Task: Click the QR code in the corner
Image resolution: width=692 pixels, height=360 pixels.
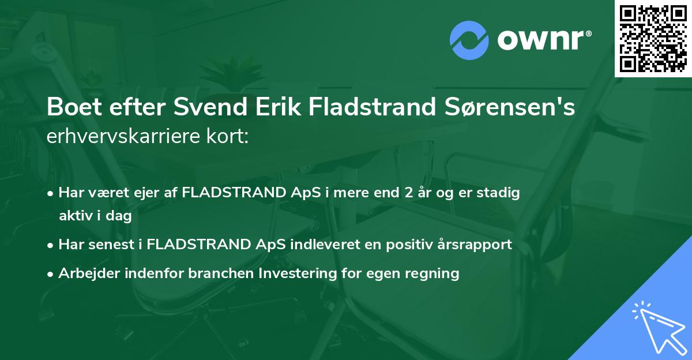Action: click(x=653, y=39)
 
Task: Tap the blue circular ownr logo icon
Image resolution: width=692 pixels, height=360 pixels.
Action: click(x=469, y=40)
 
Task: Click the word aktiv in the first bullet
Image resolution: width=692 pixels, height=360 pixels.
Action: click(x=74, y=216)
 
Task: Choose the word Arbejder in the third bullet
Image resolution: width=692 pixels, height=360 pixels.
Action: click(x=86, y=273)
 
